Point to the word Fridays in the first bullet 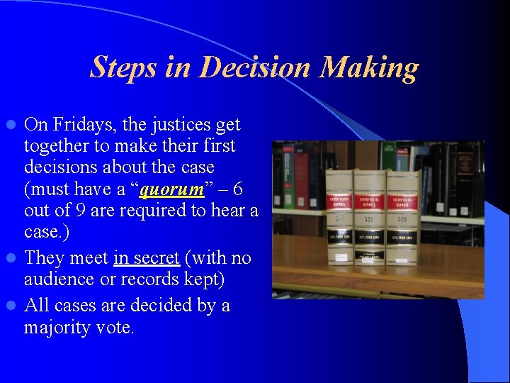pyautogui.click(x=77, y=124)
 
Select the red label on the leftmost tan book pyautogui.click(x=339, y=202)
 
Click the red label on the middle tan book pyautogui.click(x=370, y=202)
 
